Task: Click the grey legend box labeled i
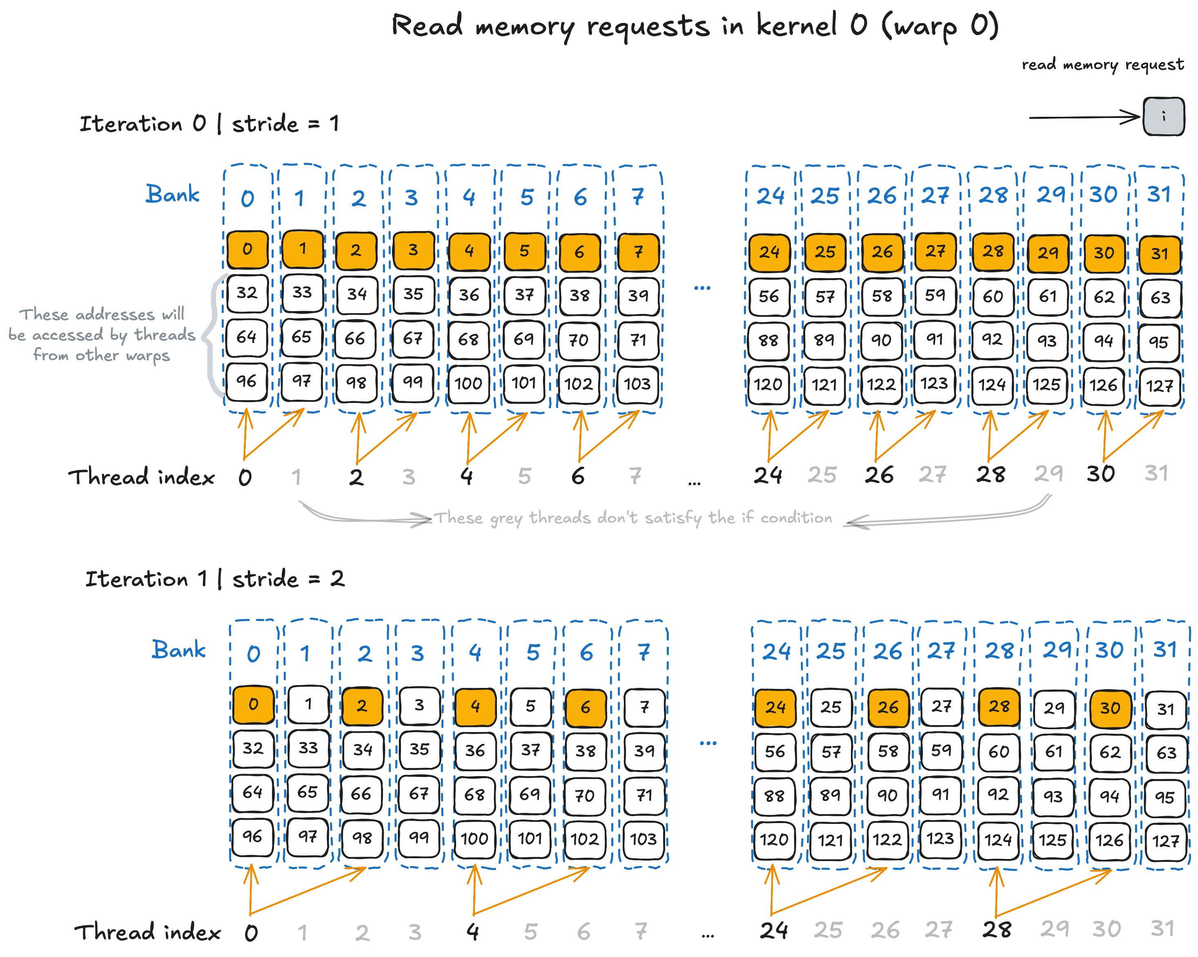[x=1164, y=116]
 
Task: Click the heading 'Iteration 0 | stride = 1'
[x=209, y=123]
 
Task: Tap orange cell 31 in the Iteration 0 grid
[x=1160, y=254]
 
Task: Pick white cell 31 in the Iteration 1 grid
[x=1166, y=709]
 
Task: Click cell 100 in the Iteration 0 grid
[x=468, y=383]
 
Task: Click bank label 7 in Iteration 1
[x=644, y=651]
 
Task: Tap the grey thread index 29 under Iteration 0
[x=1049, y=474]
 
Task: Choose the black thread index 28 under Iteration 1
[x=997, y=929]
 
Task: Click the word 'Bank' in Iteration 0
[x=172, y=194]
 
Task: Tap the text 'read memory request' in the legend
[x=1102, y=65]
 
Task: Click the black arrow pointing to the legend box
[x=1084, y=117]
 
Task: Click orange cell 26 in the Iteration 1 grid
[x=888, y=708]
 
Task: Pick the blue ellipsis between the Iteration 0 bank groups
[x=702, y=288]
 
